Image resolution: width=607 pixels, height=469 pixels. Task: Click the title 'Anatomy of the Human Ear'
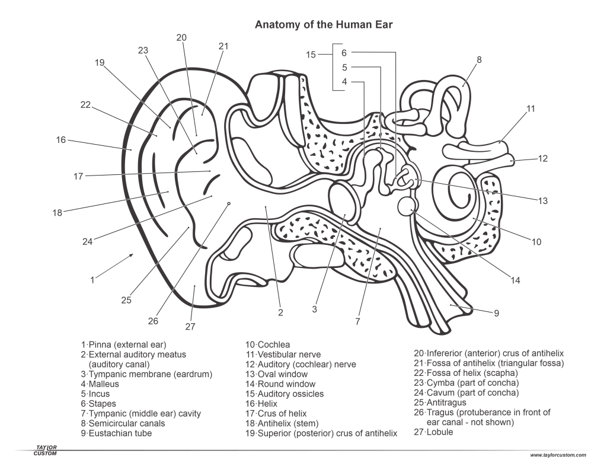(324, 25)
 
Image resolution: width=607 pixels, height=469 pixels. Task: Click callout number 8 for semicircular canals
(479, 59)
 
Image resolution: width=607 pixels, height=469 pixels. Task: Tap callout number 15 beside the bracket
(311, 55)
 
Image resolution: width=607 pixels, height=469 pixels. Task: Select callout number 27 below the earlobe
(190, 326)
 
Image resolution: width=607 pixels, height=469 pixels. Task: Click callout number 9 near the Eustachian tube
(497, 313)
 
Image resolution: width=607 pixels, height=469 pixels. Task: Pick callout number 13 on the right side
(543, 200)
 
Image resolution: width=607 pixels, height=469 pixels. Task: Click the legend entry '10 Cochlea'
(269, 344)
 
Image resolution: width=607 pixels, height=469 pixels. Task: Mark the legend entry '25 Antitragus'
(445, 403)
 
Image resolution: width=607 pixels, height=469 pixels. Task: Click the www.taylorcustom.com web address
(558, 455)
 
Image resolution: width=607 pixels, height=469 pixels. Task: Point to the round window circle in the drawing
(406, 206)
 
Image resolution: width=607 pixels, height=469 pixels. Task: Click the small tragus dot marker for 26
(229, 203)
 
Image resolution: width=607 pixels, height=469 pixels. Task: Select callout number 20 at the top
(181, 37)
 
